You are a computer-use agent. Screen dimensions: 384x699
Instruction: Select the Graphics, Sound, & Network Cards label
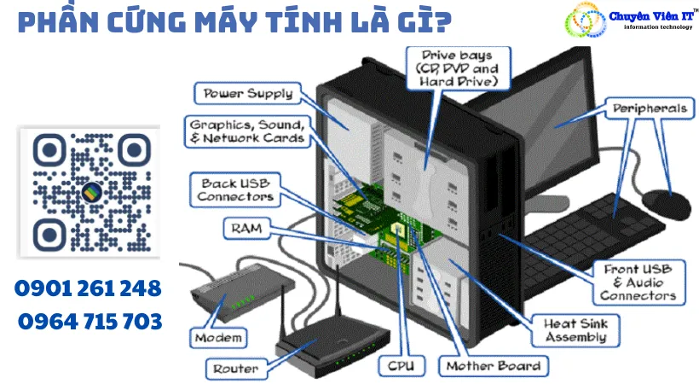click(x=247, y=131)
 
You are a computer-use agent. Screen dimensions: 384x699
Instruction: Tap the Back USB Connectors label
click(x=236, y=189)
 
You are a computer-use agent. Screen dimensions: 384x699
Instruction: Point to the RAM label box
click(x=245, y=228)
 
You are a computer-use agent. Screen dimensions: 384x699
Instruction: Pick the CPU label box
click(x=401, y=366)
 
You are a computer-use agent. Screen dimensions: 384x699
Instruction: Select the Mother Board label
click(x=493, y=366)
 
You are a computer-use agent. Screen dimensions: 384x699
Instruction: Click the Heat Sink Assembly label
click(x=575, y=331)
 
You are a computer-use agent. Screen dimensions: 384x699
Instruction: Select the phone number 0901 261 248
click(x=88, y=288)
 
